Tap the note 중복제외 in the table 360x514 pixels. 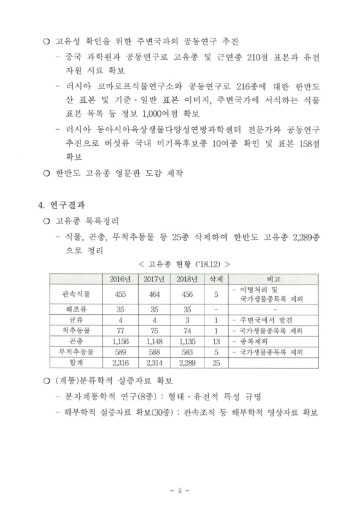coord(257,341)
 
